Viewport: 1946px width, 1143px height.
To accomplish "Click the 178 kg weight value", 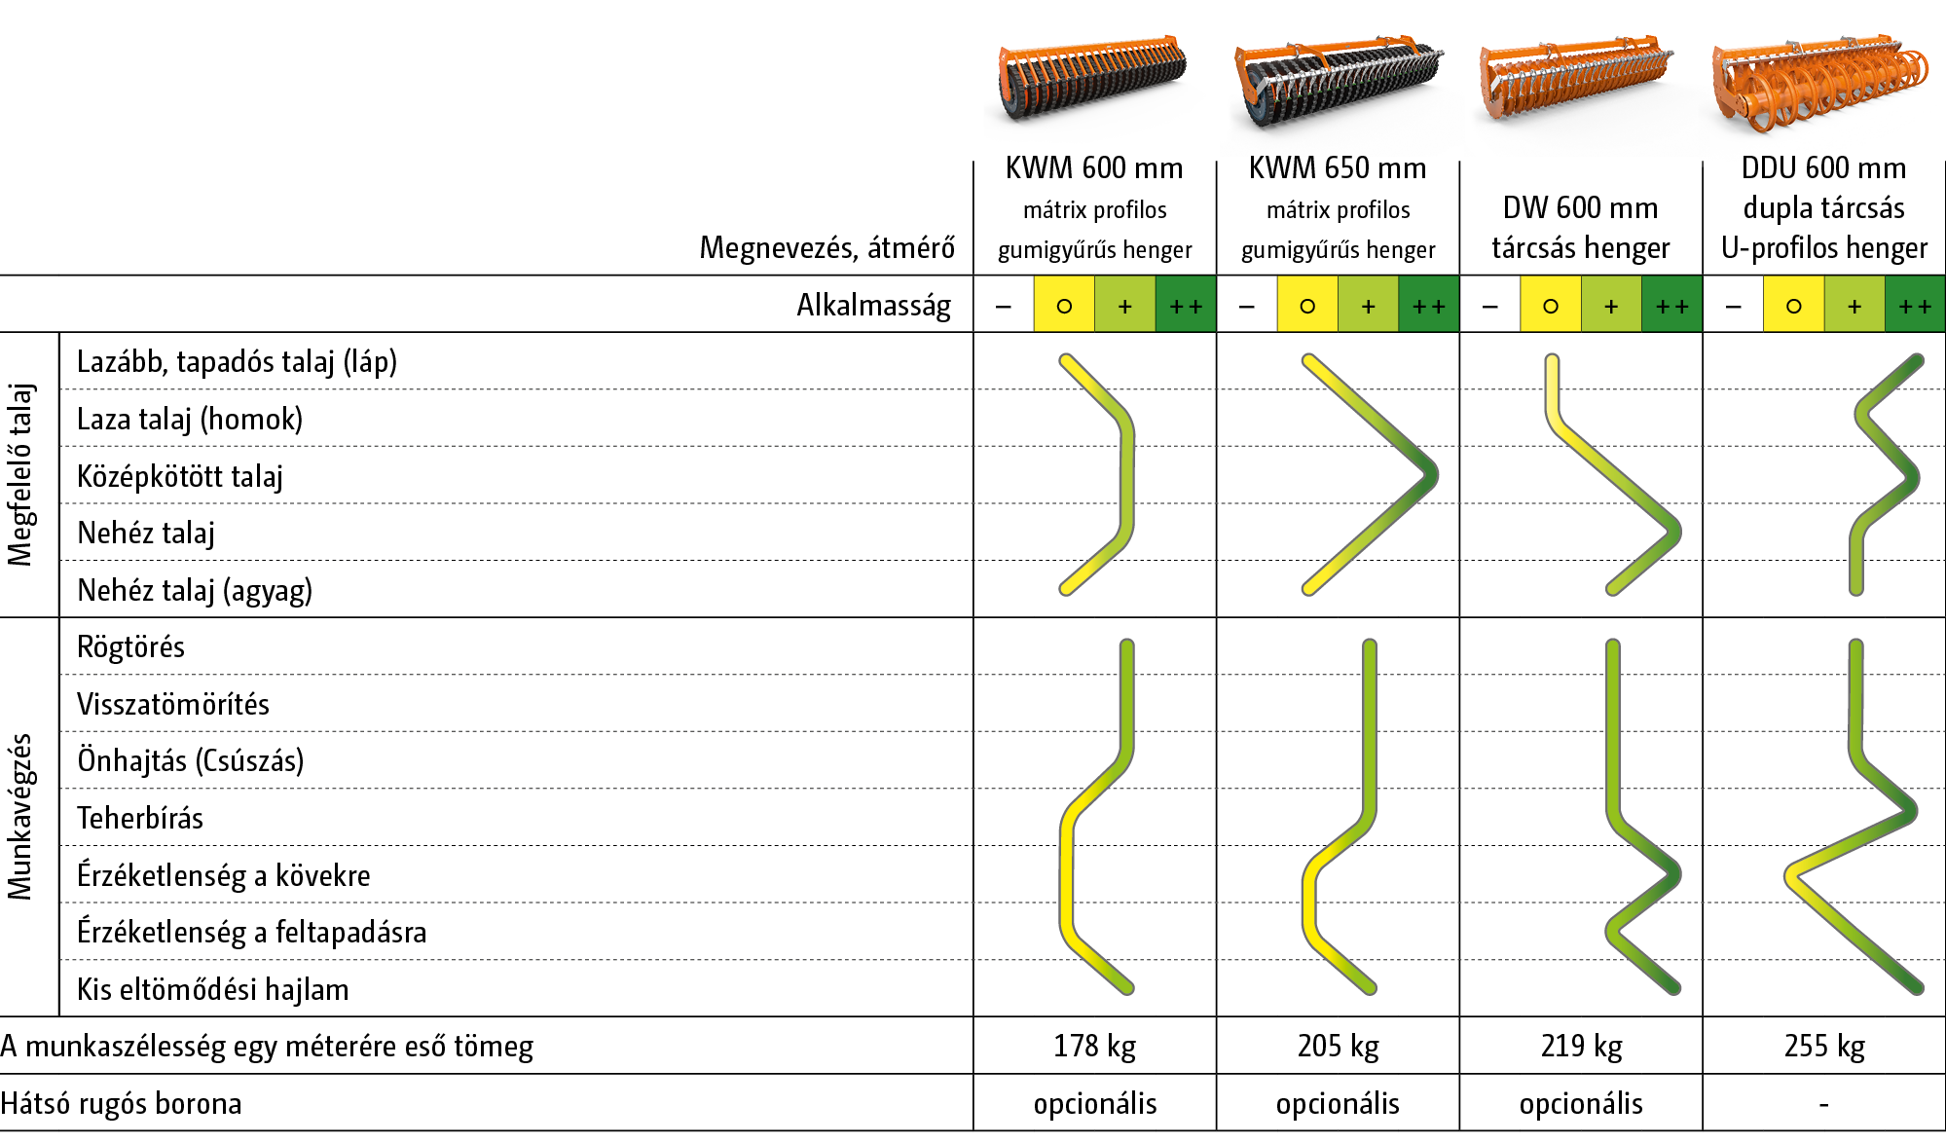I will coord(1094,1047).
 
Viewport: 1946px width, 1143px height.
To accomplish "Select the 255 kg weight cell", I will coord(1823,1047).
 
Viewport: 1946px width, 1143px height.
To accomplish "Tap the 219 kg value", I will coord(1581,1047).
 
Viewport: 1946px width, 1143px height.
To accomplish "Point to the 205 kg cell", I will coord(1338,1047).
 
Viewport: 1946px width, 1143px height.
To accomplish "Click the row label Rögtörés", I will coord(130,647).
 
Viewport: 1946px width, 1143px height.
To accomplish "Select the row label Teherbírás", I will coord(140,819).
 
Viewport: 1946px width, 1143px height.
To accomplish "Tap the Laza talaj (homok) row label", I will coord(190,420).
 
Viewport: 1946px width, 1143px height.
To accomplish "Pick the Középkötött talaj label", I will coord(180,477).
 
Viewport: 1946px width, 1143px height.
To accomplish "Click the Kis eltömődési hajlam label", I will coord(212,990).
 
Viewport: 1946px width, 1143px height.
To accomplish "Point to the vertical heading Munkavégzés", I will coord(20,817).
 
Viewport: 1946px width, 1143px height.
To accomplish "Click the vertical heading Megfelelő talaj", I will coord(20,475).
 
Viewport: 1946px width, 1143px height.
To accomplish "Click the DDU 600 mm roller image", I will coord(1820,88).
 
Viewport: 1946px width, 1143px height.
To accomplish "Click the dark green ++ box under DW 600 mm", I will coord(1671,306).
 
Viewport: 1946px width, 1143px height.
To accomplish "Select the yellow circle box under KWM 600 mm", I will coord(1064,306).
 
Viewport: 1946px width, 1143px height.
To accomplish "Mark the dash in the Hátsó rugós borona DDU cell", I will coord(1823,1105).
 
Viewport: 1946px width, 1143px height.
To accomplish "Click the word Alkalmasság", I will coord(873,306).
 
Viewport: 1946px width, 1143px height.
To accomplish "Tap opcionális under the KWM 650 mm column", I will coord(1338,1104).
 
